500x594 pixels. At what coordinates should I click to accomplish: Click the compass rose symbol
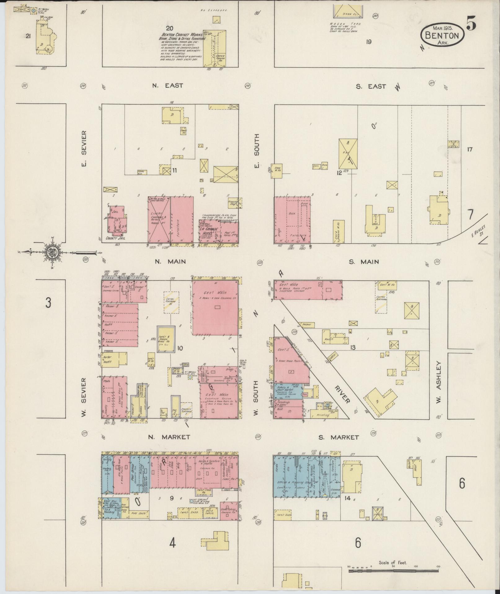click(51, 252)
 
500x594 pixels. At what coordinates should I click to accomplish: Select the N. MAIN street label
click(170, 262)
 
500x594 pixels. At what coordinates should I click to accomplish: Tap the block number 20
click(169, 29)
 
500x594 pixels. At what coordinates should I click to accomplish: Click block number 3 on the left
click(48, 303)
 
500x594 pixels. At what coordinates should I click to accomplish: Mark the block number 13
click(352, 347)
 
